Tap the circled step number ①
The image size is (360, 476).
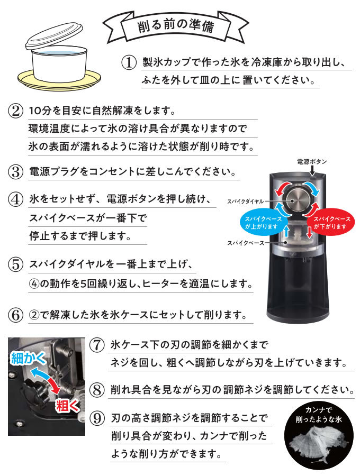click(129, 62)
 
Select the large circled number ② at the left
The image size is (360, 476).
click(15, 111)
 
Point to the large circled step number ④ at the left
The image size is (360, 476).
click(15, 199)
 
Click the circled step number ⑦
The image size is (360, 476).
click(97, 345)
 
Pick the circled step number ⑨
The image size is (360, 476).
click(97, 418)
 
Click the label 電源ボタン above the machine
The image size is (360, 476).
click(312, 161)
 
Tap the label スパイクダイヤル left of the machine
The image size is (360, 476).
click(246, 202)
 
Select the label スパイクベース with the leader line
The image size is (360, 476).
click(246, 243)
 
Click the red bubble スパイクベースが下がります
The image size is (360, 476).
click(330, 223)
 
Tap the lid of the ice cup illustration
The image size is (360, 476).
click(55, 35)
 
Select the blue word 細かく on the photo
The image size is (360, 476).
click(28, 359)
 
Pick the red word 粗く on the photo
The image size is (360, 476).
click(67, 406)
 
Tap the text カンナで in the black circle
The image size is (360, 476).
click(319, 410)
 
